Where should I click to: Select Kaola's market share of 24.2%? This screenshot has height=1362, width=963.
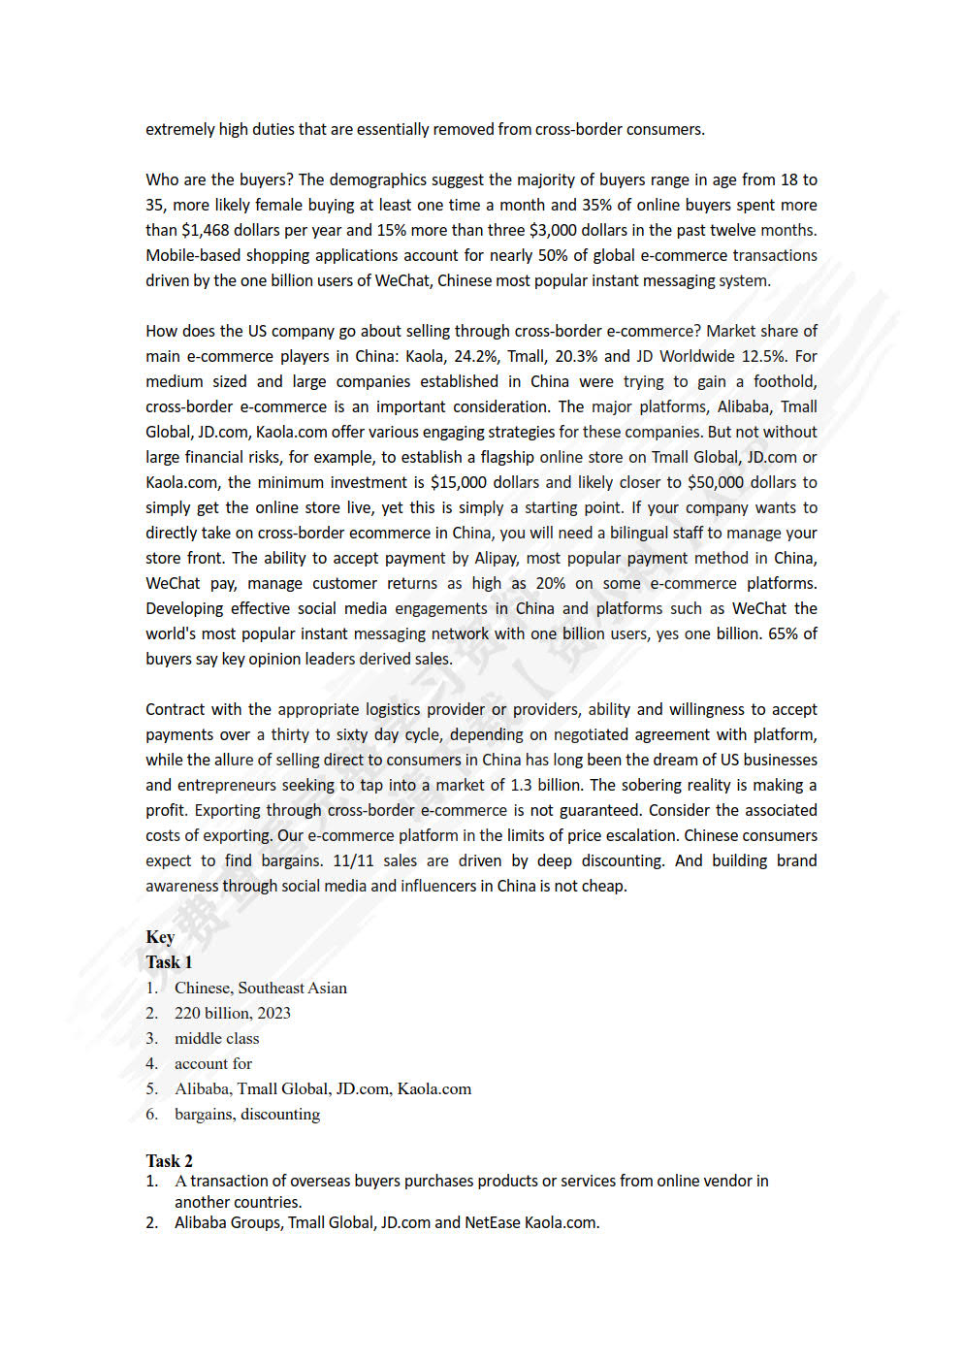[x=474, y=356]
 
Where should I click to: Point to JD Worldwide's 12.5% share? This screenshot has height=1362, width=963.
[x=763, y=356]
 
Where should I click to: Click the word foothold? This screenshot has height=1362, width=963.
[x=785, y=381]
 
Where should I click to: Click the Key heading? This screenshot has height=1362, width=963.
[x=160, y=937]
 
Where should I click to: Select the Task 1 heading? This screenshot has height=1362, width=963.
[x=169, y=962]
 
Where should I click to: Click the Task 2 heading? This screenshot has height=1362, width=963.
[x=169, y=1161]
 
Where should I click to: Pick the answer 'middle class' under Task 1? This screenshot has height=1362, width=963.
[x=216, y=1038]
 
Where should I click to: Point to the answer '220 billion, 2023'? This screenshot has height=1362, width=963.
[x=232, y=1013]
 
